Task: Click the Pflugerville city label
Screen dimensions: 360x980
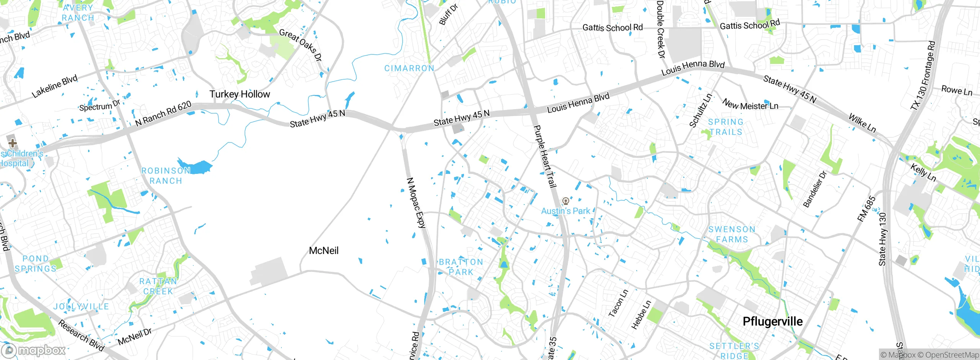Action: pos(772,321)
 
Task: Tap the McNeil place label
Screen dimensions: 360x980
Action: pos(323,250)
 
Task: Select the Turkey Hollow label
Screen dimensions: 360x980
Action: pos(240,94)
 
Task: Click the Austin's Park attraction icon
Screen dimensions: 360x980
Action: pos(565,201)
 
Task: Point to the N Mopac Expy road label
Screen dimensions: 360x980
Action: pos(416,203)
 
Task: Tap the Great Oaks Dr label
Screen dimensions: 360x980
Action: pos(301,45)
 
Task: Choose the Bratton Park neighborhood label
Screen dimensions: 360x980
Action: pos(461,267)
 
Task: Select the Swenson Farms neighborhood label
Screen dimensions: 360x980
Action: pos(732,234)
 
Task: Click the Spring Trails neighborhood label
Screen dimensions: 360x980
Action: pos(725,127)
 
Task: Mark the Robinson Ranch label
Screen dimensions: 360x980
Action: pos(166,176)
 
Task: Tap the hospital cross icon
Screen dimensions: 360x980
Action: pos(12,143)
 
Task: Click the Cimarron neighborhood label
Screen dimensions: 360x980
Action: pos(409,68)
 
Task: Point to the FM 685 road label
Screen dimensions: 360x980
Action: pos(866,209)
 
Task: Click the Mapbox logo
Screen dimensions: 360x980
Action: pos(34,350)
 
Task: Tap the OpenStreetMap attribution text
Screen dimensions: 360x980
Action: pos(948,355)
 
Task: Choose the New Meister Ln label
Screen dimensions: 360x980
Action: pos(750,105)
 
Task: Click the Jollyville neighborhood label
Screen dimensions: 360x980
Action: pos(81,306)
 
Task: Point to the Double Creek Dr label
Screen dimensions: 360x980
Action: pos(661,29)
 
